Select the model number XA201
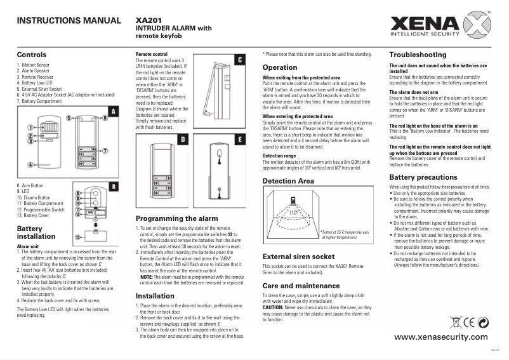(x=149, y=20)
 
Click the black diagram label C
(x=239, y=60)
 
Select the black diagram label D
(x=182, y=139)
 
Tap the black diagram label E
(x=239, y=139)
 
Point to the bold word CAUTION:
(x=275, y=307)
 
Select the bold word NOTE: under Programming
(x=147, y=277)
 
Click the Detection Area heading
(x=289, y=182)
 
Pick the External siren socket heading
(x=298, y=257)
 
